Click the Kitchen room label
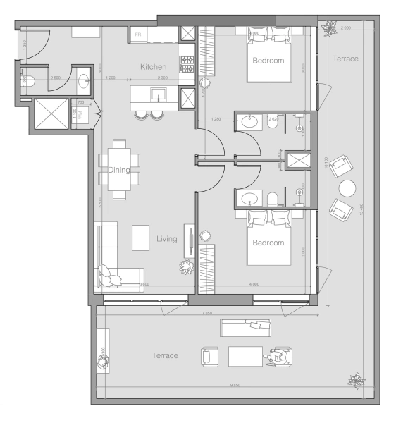pyautogui.click(x=153, y=67)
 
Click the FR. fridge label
pyautogui.click(x=139, y=33)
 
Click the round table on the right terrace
pyautogui.click(x=347, y=188)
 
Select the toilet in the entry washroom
pyautogui.click(x=27, y=80)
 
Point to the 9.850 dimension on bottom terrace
pyautogui.click(x=235, y=385)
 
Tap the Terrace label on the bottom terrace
pyautogui.click(x=165, y=356)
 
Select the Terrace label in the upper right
pyautogui.click(x=345, y=59)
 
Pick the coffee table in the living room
pyautogui.click(x=142, y=235)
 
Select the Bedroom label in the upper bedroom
pyautogui.click(x=268, y=61)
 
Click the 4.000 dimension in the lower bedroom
pyautogui.click(x=254, y=284)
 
